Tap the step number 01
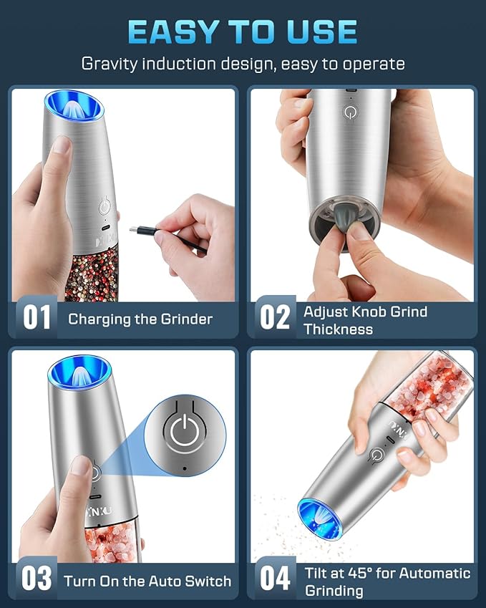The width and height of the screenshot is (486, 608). (x=36, y=318)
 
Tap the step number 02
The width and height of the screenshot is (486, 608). (x=274, y=318)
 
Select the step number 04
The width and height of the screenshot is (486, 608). (x=274, y=579)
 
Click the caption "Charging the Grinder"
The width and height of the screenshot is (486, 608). (x=140, y=319)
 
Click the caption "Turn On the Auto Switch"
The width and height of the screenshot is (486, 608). (x=147, y=581)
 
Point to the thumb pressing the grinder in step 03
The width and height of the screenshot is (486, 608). (x=81, y=470)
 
